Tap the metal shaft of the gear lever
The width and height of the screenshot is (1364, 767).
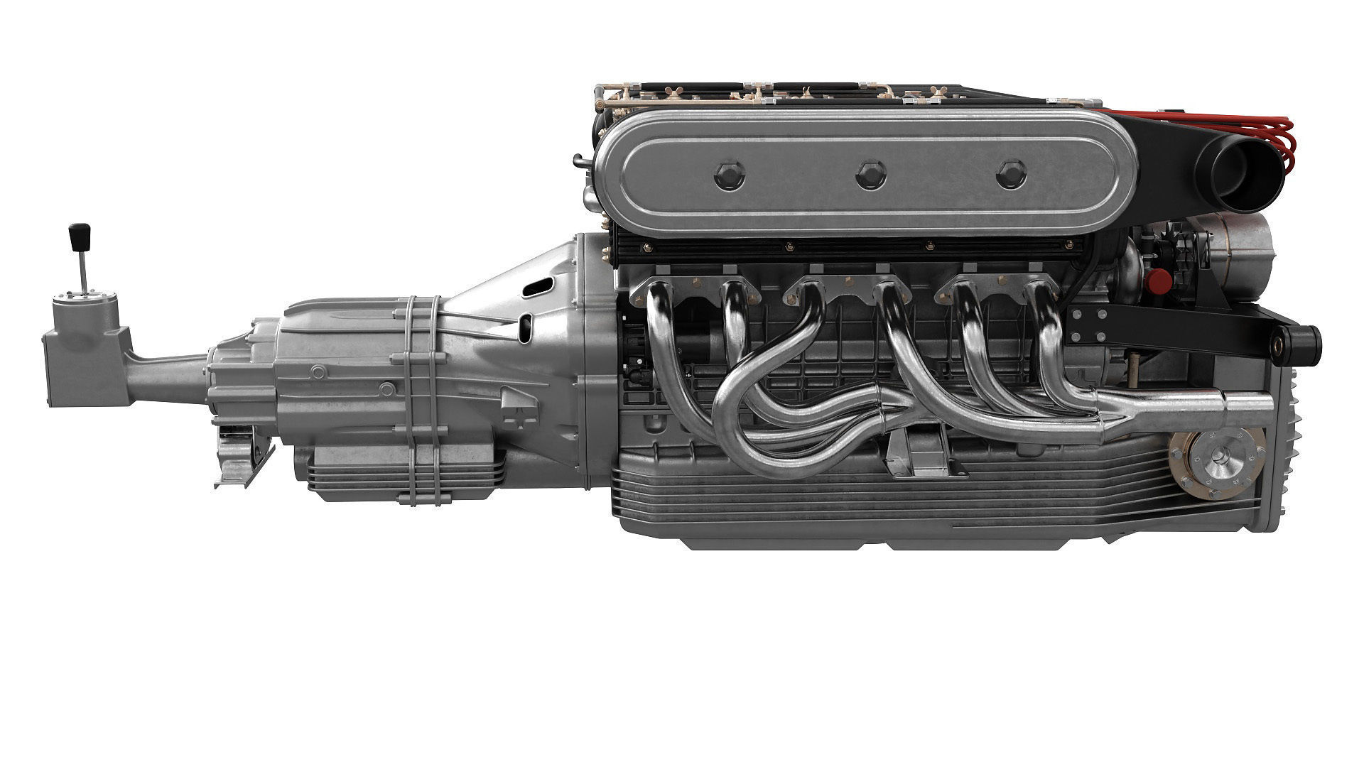84,273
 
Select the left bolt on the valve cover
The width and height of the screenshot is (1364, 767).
730,175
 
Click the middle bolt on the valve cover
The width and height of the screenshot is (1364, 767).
871,175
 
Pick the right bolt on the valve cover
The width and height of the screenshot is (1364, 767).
1011,175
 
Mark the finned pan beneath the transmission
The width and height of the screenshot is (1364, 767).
405,472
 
